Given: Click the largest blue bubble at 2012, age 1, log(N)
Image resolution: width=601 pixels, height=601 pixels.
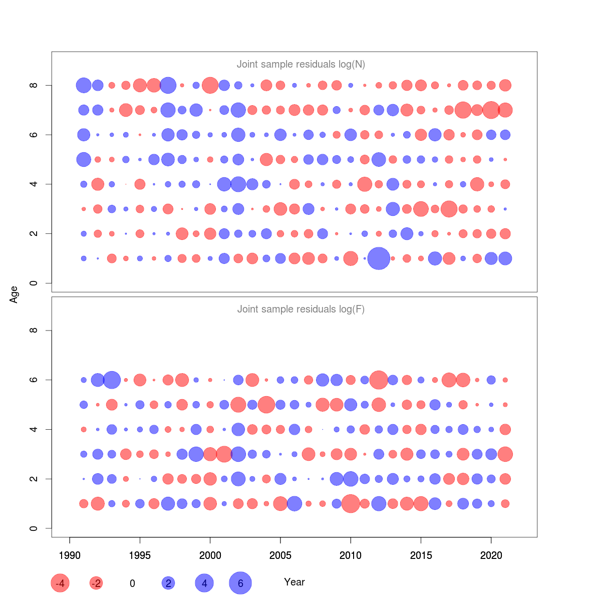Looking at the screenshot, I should pos(379,258).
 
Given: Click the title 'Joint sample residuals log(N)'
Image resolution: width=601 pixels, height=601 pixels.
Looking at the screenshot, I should pos(300,64).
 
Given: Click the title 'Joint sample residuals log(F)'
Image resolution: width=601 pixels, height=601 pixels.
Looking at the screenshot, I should pos(300,309).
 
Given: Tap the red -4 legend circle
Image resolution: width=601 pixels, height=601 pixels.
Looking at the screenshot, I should pos(60,583).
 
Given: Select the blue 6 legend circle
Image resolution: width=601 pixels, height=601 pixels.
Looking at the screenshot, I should pos(240,583).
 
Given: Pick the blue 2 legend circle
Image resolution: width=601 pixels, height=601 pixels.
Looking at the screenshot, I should pos(168,583).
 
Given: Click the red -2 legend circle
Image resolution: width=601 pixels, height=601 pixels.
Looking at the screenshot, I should pos(96,583).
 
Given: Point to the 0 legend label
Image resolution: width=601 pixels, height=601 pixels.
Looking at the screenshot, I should pos(132,583).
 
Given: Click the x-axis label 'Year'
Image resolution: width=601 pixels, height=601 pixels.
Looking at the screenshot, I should pos(294,582).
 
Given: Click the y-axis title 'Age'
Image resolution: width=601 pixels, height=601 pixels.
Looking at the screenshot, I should pos(14,294).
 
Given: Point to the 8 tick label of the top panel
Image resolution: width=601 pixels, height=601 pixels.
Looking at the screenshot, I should pos(34,85).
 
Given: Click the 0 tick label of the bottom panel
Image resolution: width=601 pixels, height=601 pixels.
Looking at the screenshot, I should pos(34,528).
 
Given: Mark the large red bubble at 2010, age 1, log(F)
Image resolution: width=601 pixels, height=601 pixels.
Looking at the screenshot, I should pos(351,503).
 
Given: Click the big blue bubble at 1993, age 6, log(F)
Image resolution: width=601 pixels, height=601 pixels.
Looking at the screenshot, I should pos(112,380).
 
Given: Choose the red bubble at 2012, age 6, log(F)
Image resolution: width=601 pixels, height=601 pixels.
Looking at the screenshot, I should pos(379,380).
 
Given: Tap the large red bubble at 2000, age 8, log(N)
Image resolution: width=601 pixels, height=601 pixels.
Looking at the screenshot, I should pos(210,85).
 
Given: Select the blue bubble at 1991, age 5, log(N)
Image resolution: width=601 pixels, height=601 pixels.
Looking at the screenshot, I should pos(84,159).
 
